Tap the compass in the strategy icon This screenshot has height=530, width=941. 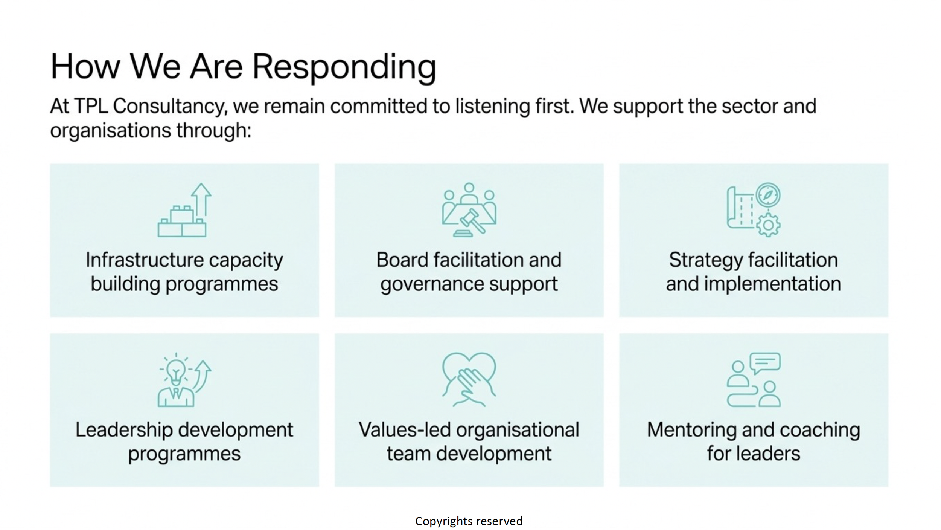[x=768, y=195]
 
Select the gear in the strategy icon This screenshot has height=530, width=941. [x=768, y=225]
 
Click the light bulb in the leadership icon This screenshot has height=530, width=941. [x=175, y=371]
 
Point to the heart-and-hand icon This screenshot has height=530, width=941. [x=469, y=379]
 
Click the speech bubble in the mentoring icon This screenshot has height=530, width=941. [x=765, y=362]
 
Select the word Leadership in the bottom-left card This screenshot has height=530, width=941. [x=124, y=430]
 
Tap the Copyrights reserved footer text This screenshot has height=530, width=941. [x=469, y=521]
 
